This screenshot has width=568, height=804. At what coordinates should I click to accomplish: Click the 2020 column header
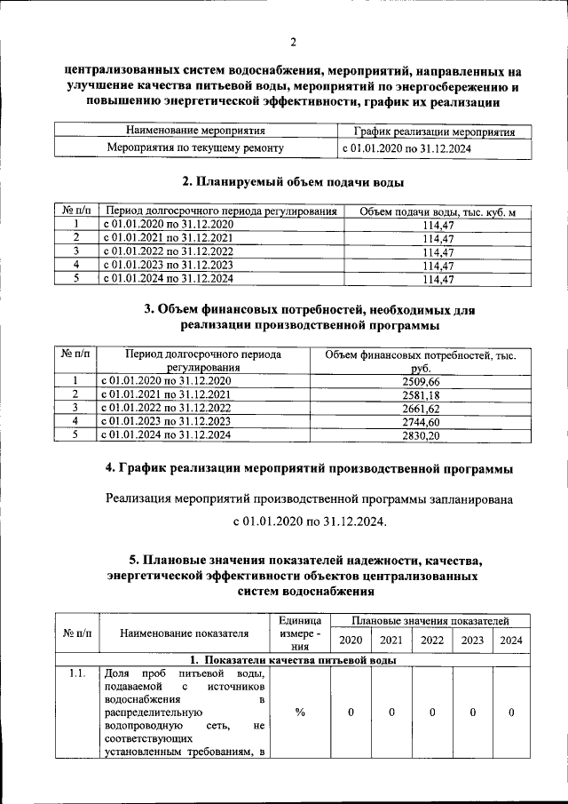(351, 640)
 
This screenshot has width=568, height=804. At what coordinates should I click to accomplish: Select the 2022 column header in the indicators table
(432, 640)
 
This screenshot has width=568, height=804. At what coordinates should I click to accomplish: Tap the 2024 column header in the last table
(511, 640)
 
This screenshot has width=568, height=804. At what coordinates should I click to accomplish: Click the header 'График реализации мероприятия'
(435, 131)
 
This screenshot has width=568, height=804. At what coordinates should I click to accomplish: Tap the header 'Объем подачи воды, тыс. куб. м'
(438, 211)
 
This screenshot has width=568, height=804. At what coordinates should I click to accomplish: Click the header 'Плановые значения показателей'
(430, 619)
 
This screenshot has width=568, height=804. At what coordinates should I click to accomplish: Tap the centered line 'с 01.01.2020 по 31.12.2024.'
(310, 521)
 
